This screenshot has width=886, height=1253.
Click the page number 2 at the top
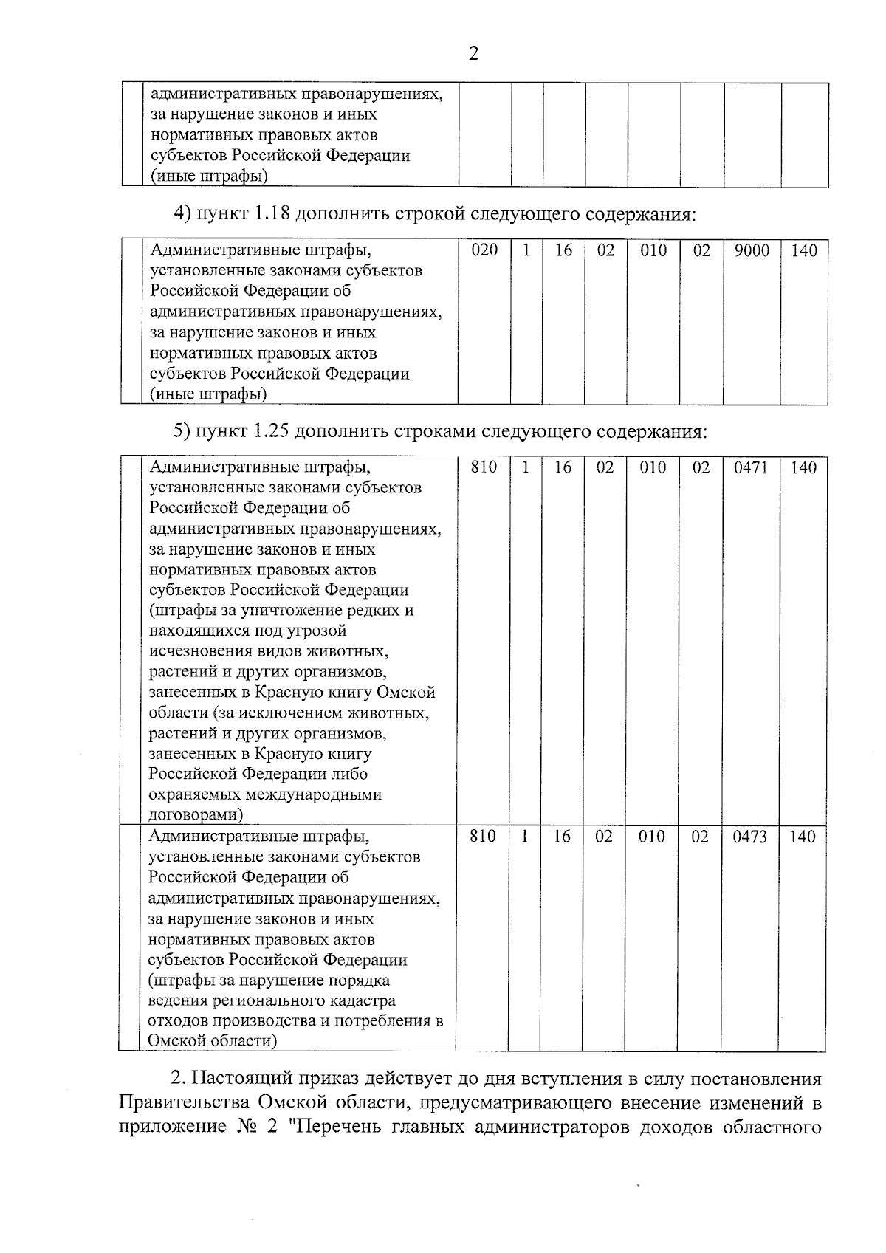coord(473,54)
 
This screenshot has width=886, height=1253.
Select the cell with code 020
coord(484,250)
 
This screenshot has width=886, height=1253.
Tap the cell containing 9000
coord(752,250)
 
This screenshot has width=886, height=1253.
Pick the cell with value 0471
coord(750,467)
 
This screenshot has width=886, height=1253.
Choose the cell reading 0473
coord(749,837)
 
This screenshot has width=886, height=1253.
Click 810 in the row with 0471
coord(484,467)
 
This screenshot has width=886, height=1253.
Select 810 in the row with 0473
coord(483,837)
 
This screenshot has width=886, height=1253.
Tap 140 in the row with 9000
coord(804,250)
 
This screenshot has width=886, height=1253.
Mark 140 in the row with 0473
coord(802,837)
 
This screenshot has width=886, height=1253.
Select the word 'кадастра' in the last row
coord(361,1001)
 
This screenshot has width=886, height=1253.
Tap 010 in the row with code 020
coord(653,250)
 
